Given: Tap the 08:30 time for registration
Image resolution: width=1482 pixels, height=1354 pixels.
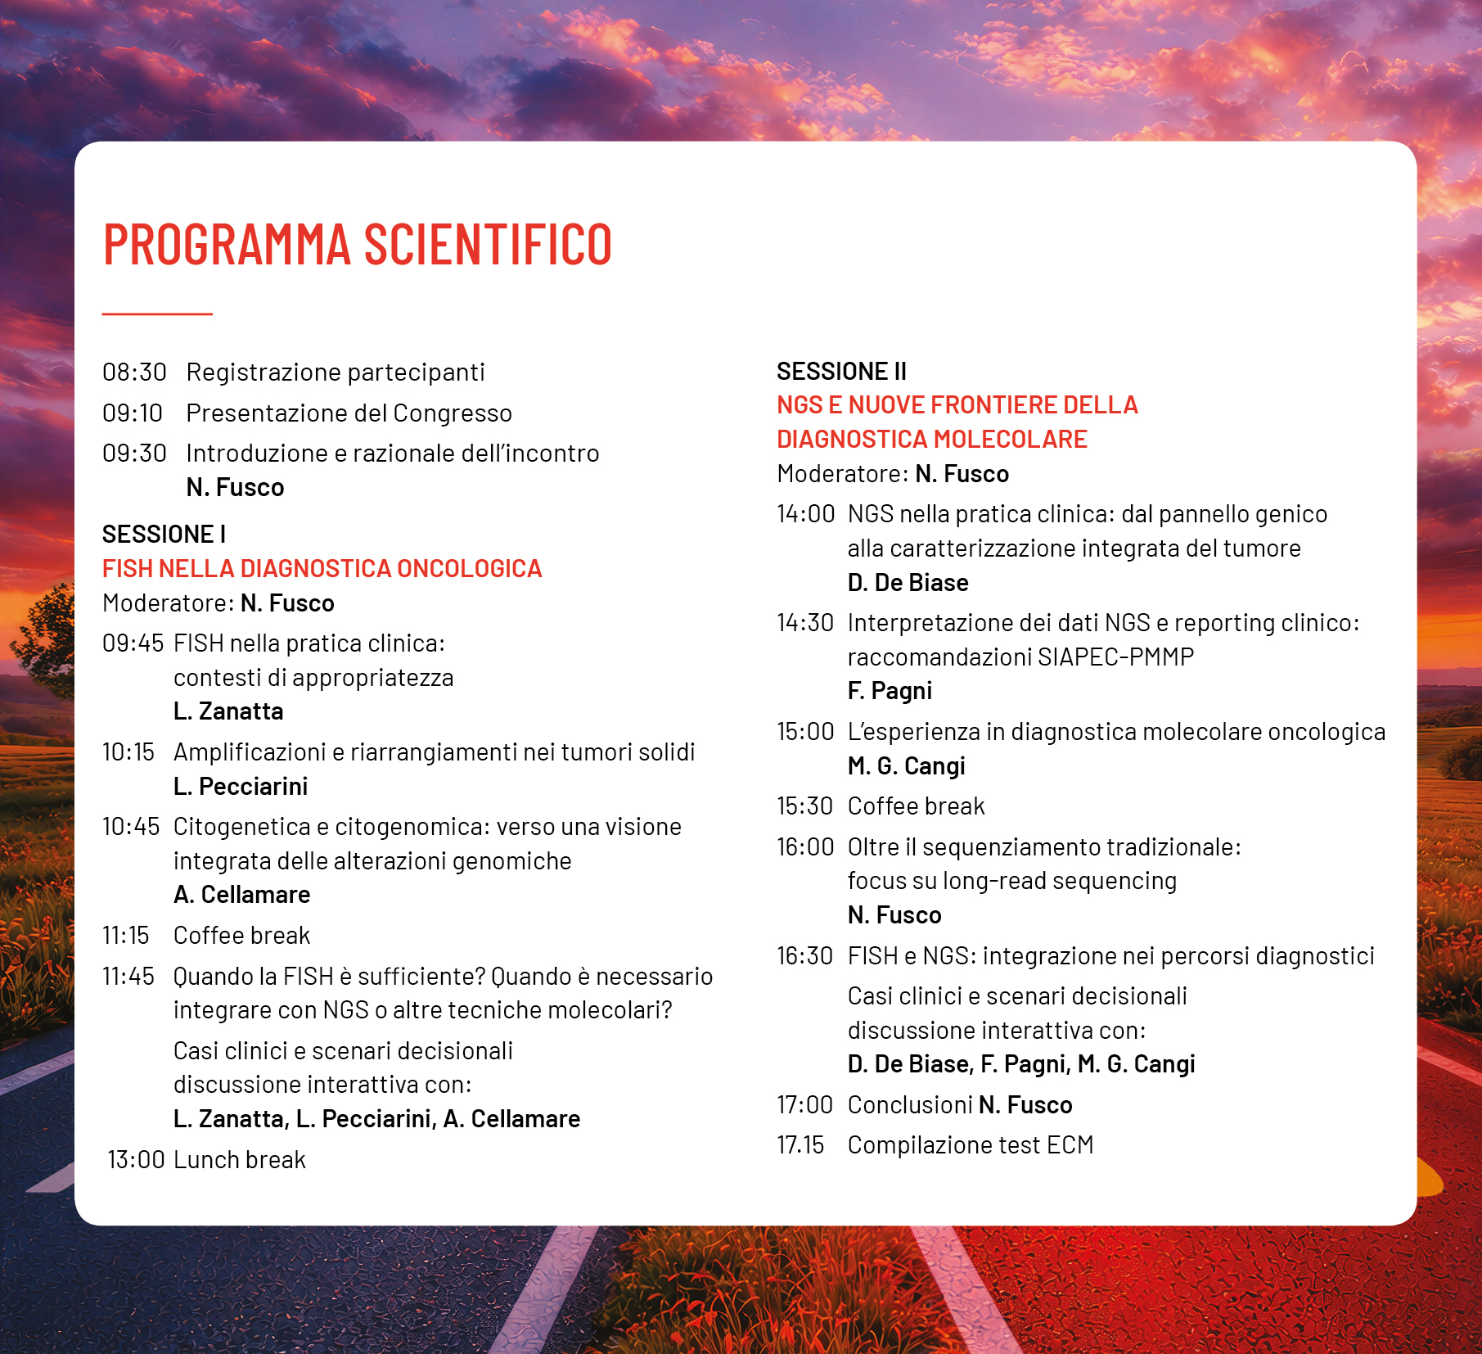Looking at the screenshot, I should (134, 372).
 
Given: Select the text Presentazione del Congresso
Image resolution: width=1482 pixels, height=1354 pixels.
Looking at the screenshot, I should (349, 413).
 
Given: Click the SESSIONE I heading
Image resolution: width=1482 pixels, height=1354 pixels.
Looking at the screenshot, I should (164, 535).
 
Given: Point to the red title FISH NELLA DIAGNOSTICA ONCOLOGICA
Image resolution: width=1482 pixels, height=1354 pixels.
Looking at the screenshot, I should (322, 569).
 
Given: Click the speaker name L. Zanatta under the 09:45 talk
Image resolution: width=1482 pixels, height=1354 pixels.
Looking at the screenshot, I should (228, 711).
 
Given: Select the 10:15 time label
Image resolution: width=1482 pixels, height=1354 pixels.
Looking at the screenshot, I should (128, 752).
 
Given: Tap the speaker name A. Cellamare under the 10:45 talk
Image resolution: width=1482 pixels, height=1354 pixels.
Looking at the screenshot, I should (241, 895).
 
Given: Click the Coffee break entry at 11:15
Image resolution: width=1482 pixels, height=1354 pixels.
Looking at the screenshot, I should (241, 936).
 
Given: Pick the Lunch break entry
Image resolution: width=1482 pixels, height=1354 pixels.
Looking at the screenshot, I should (240, 1160).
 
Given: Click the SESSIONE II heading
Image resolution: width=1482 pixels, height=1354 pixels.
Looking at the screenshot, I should (841, 372).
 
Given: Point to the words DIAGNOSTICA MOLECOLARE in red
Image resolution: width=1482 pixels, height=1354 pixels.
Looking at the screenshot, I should (931, 440).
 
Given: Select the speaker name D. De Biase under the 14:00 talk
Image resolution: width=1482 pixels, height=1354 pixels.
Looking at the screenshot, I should (908, 583).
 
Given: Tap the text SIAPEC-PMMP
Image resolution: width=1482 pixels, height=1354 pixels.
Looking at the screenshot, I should (1115, 657).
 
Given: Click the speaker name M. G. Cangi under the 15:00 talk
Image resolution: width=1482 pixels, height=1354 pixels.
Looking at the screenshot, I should (906, 766).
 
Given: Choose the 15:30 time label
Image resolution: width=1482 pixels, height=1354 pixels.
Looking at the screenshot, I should (804, 806).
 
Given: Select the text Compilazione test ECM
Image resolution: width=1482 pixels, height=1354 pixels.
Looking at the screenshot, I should (970, 1145).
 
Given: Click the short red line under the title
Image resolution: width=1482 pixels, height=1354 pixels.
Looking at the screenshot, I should (157, 314).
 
